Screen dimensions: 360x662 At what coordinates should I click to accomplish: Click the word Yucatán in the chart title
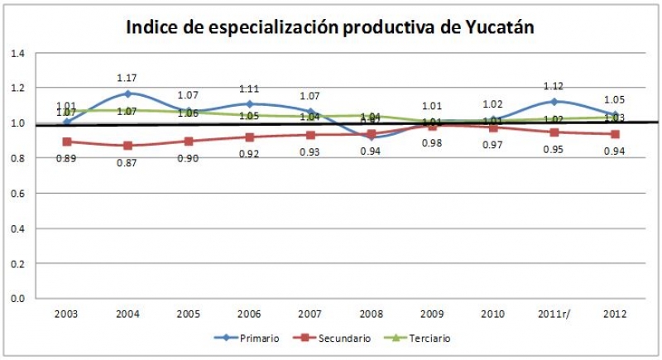pos(494,27)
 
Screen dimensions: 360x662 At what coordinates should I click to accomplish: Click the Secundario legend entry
pos(339,338)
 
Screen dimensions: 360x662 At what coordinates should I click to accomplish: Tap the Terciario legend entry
pos(427,338)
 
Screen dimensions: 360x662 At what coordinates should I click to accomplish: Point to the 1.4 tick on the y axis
pos(17,53)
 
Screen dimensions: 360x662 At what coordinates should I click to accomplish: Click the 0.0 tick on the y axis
pos(17,298)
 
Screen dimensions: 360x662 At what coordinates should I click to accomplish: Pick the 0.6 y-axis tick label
pos(17,193)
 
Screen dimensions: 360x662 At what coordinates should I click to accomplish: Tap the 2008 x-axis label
pos(372,314)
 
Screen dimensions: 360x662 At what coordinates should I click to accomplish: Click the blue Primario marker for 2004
pos(127,94)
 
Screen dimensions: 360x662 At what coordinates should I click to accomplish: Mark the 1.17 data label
pos(127,78)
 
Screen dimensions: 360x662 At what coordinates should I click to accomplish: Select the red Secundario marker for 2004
pos(127,146)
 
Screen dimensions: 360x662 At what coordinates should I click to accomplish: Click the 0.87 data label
pos(127,161)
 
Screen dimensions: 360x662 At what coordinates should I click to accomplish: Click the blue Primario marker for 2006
pos(249,104)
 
